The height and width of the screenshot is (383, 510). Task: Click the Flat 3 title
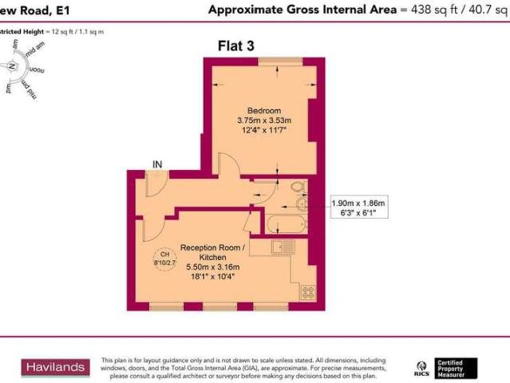click(235, 46)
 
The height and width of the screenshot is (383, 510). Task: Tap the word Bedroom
click(263, 109)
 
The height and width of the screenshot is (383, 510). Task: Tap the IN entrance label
click(157, 164)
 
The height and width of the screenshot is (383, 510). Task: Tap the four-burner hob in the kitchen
click(307, 293)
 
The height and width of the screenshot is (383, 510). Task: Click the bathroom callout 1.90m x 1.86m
click(358, 204)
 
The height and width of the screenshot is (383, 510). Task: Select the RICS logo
click(421, 368)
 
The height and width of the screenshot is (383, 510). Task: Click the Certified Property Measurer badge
click(456, 368)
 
